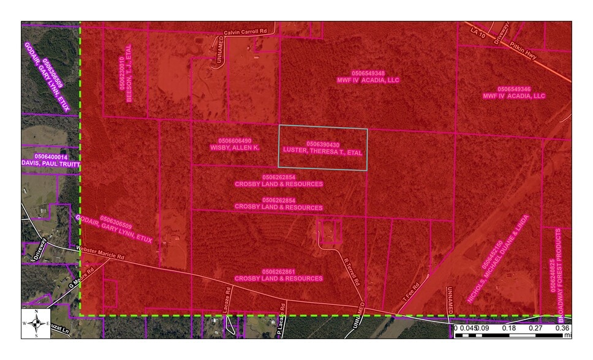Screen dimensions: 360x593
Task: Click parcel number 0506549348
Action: pos(368,73)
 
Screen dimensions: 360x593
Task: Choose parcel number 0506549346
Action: pos(514,89)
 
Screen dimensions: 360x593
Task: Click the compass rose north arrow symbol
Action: pos(37,323)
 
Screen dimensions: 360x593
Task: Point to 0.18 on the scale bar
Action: pos(508,328)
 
